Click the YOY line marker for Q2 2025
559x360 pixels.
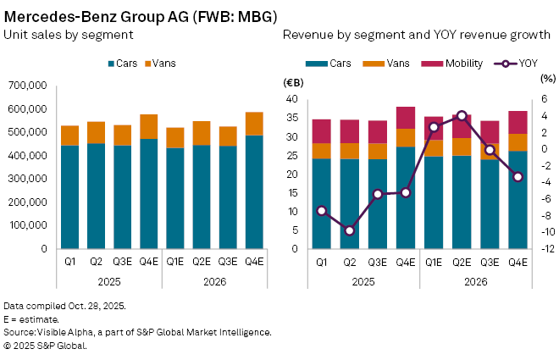pyautogui.click(x=350, y=230)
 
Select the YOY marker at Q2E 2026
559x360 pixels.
pyautogui.click(x=461, y=115)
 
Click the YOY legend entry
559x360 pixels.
pyautogui.click(x=519, y=64)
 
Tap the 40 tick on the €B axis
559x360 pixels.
pyautogui.click(x=291, y=99)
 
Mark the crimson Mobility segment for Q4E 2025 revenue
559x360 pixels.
pyautogui.click(x=406, y=118)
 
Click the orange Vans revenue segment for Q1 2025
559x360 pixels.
pyautogui.click(x=322, y=151)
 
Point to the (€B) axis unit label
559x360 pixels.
pyautogui.click(x=292, y=83)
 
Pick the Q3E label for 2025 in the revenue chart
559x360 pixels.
pyautogui.click(x=378, y=263)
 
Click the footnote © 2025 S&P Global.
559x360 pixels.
pyautogui.click(x=46, y=346)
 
